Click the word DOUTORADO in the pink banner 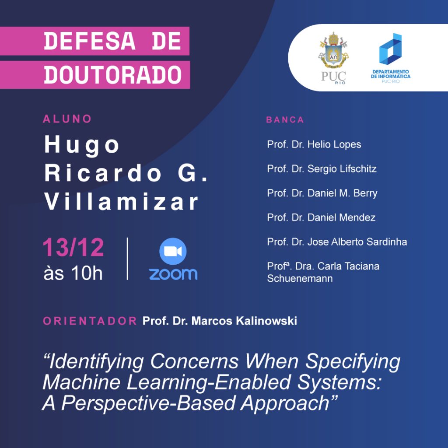112,75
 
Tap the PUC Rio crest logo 333,58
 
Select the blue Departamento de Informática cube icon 390,49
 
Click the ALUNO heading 67,119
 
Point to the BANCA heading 285,120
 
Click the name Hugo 82,145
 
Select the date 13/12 73,247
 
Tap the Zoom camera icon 173,252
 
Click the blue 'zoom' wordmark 173,274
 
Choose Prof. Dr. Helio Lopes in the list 314,144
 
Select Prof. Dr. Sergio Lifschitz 322,169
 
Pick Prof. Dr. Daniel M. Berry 322,193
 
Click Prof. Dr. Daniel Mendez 321,218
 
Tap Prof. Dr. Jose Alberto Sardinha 337,242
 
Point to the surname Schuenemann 300,279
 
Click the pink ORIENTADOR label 90,321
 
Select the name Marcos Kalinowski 244,321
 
